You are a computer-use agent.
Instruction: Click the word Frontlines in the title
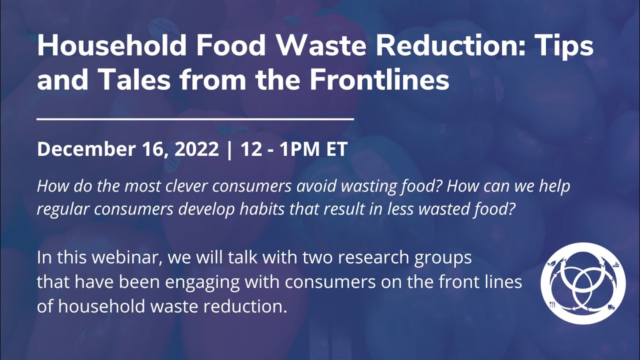pyautogui.click(x=379, y=80)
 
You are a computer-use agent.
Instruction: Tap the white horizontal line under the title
pyautogui.click(x=195, y=119)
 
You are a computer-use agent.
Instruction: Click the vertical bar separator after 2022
pyautogui.click(x=229, y=149)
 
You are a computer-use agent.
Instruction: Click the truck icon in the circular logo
pyautogui.click(x=611, y=306)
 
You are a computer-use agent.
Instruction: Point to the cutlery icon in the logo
pyautogui.click(x=552, y=305)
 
